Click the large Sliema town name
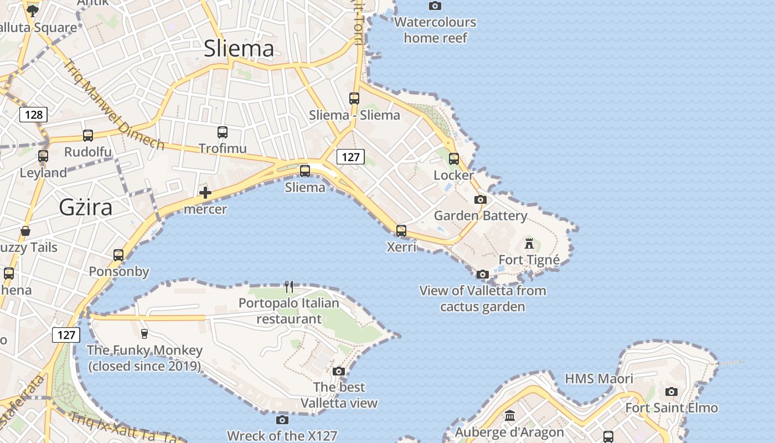[239, 49]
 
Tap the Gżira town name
[86, 207]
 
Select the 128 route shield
[34, 115]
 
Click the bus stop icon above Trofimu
[223, 132]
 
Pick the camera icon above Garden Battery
[480, 199]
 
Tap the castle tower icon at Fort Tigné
[529, 243]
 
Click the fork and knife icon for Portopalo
[288, 286]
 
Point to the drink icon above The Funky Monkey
[144, 333]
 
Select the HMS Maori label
[599, 379]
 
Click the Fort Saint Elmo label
[671, 408]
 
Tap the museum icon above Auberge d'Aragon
[510, 415]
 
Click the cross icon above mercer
[205, 193]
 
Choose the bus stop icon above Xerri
[401, 230]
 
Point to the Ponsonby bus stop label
[119, 271]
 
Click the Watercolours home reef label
[435, 30]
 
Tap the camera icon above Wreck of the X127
[282, 420]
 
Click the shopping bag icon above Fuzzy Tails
[25, 231]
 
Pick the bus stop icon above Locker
[454, 159]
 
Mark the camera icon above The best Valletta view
[339, 371]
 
